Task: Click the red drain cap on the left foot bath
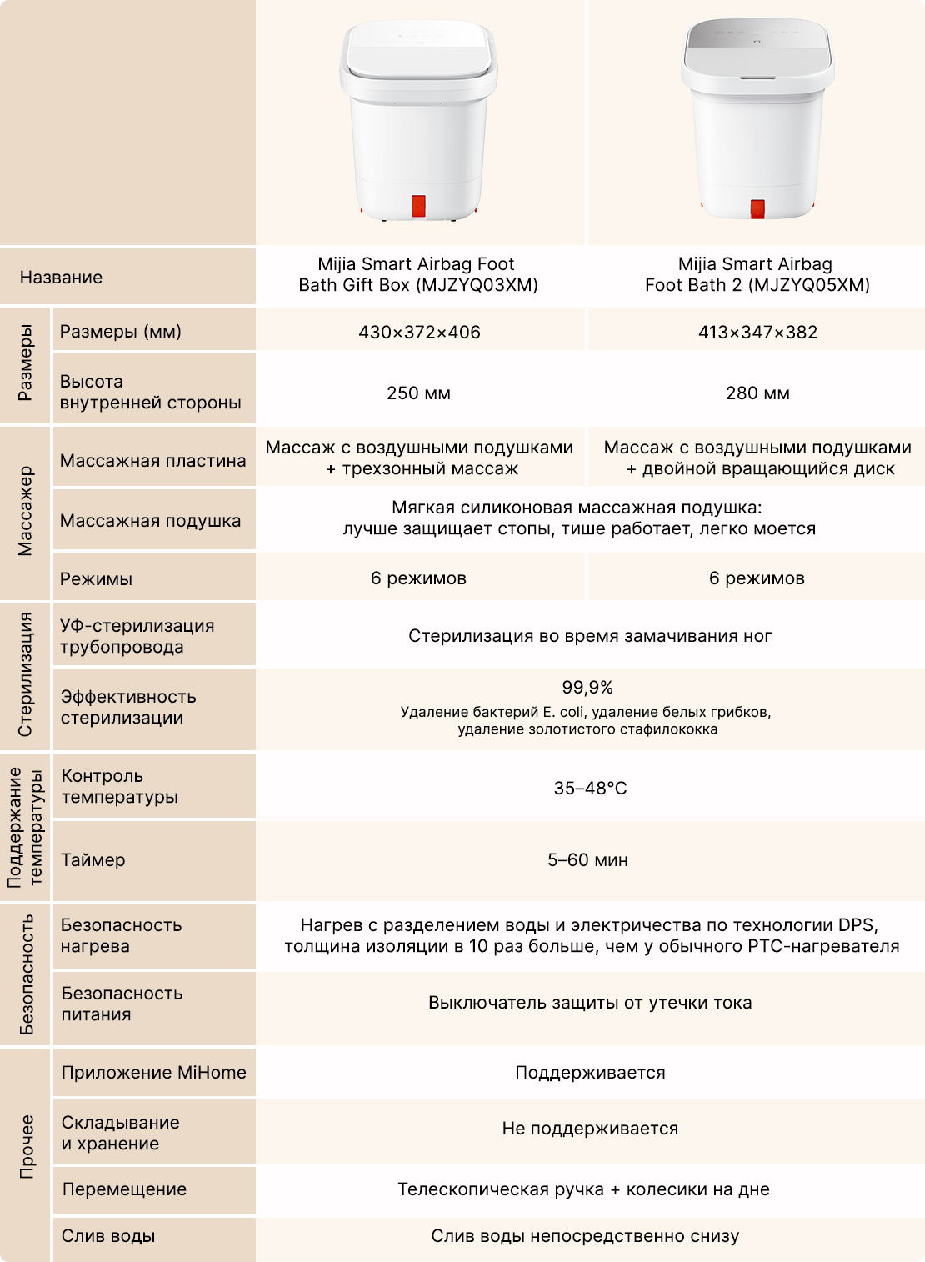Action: (x=418, y=206)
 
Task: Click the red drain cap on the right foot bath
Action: (x=757, y=208)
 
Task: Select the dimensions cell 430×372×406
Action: (x=419, y=332)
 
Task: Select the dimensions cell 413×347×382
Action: (x=757, y=332)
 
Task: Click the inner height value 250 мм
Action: (x=418, y=393)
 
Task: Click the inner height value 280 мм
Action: (x=757, y=393)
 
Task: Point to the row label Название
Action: (x=61, y=277)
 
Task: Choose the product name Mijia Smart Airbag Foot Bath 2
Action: (x=757, y=274)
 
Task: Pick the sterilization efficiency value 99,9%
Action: (x=587, y=688)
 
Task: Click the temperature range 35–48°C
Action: (x=590, y=788)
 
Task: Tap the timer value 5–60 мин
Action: (x=587, y=859)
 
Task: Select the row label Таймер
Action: (x=92, y=859)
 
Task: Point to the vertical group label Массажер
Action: (x=26, y=511)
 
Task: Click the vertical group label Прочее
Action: (x=27, y=1146)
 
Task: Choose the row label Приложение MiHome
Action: (x=153, y=1072)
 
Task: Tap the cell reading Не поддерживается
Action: (x=590, y=1128)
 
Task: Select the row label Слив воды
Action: (x=108, y=1235)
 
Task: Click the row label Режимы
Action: (x=96, y=578)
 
